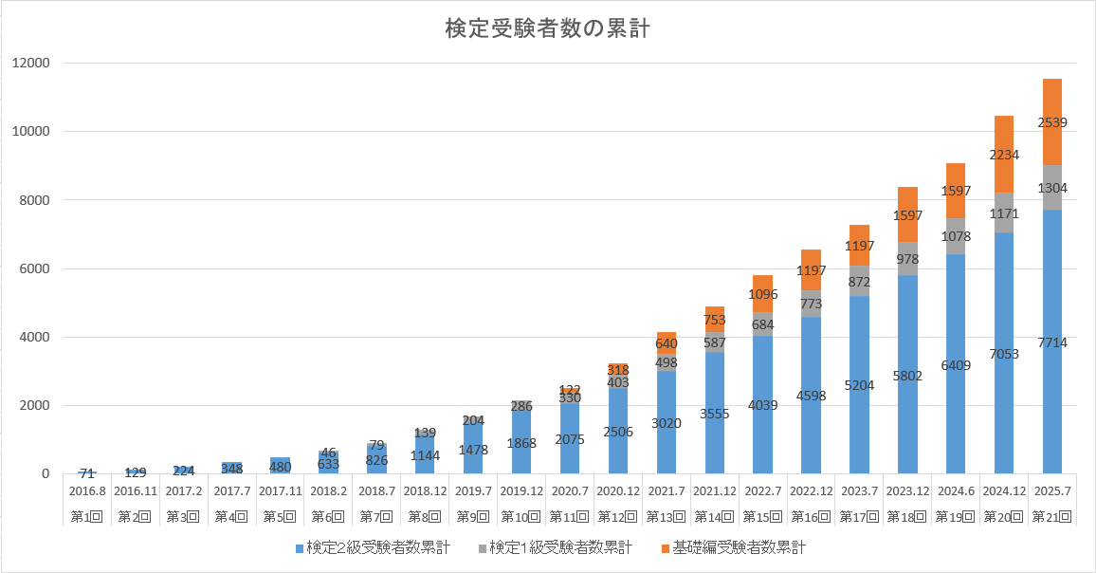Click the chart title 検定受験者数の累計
point(547,29)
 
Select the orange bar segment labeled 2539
point(1052,121)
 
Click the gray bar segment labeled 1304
point(1052,188)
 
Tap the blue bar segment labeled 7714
point(1052,342)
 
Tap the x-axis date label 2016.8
point(87,491)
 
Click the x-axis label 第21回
point(1052,517)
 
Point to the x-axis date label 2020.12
point(618,491)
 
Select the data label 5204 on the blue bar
point(859,386)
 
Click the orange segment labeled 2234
point(1004,155)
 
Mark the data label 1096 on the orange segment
point(762,294)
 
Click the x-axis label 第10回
point(521,517)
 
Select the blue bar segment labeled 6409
point(956,364)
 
